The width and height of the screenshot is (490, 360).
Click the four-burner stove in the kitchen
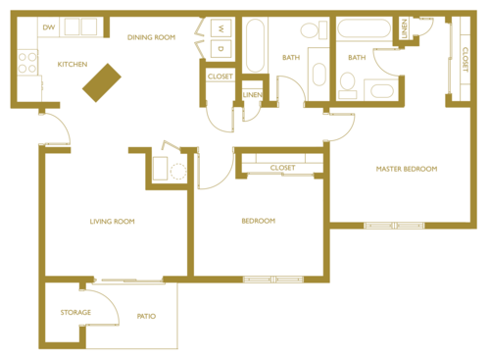coord(26,66)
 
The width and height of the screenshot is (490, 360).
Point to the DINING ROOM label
coord(152,37)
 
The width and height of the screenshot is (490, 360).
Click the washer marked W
coord(220,28)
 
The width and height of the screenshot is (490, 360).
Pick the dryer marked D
coord(220,48)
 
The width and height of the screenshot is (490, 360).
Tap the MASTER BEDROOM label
coord(407,169)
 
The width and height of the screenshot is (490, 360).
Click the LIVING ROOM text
coord(112,222)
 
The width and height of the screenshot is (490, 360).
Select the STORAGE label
coord(75,313)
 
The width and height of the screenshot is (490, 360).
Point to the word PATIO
coord(145,316)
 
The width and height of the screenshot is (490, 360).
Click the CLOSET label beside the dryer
coord(220,76)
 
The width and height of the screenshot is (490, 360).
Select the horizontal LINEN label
coord(252,94)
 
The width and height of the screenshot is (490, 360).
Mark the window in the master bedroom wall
coord(392,227)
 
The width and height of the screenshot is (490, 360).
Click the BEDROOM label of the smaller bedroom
coord(259,221)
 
